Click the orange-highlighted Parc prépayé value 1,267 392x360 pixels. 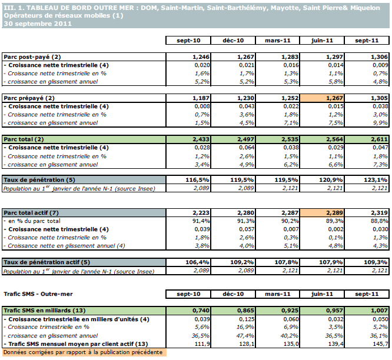tap(321, 98)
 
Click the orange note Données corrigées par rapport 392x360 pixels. tap(82, 352)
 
